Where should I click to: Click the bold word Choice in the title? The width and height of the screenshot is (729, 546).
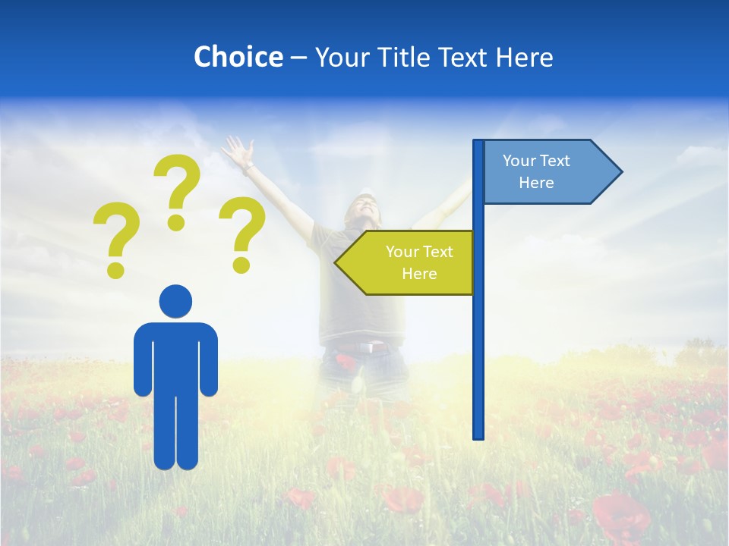(x=238, y=57)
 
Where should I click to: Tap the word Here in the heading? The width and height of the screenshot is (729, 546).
(x=524, y=57)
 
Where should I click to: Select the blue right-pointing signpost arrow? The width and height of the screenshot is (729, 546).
(x=547, y=172)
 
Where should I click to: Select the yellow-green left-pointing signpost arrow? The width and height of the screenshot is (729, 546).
(x=410, y=262)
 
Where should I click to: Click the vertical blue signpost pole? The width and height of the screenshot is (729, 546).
(x=478, y=341)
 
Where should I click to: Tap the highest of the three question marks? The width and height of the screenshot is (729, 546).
(x=177, y=190)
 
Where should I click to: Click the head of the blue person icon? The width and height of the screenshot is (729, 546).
(x=175, y=301)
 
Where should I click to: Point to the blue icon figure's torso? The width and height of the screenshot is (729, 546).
(x=175, y=356)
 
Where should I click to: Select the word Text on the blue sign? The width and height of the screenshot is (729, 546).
(x=555, y=161)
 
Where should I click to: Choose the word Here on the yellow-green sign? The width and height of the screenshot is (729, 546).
(x=419, y=274)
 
